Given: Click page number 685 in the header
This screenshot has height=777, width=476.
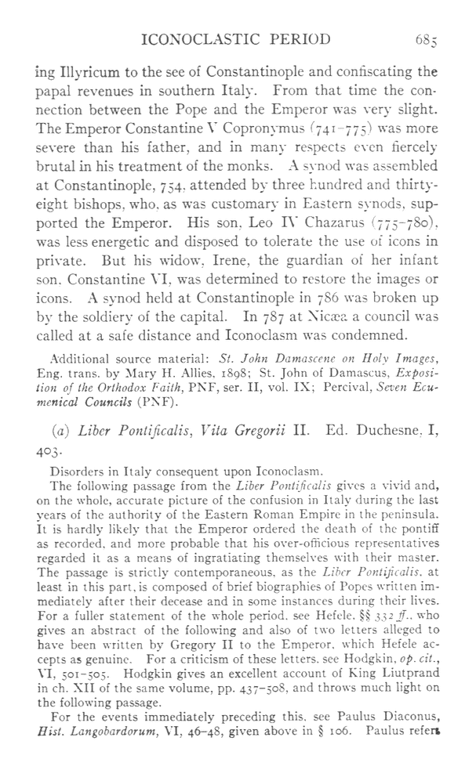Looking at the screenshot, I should [x=448, y=39].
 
